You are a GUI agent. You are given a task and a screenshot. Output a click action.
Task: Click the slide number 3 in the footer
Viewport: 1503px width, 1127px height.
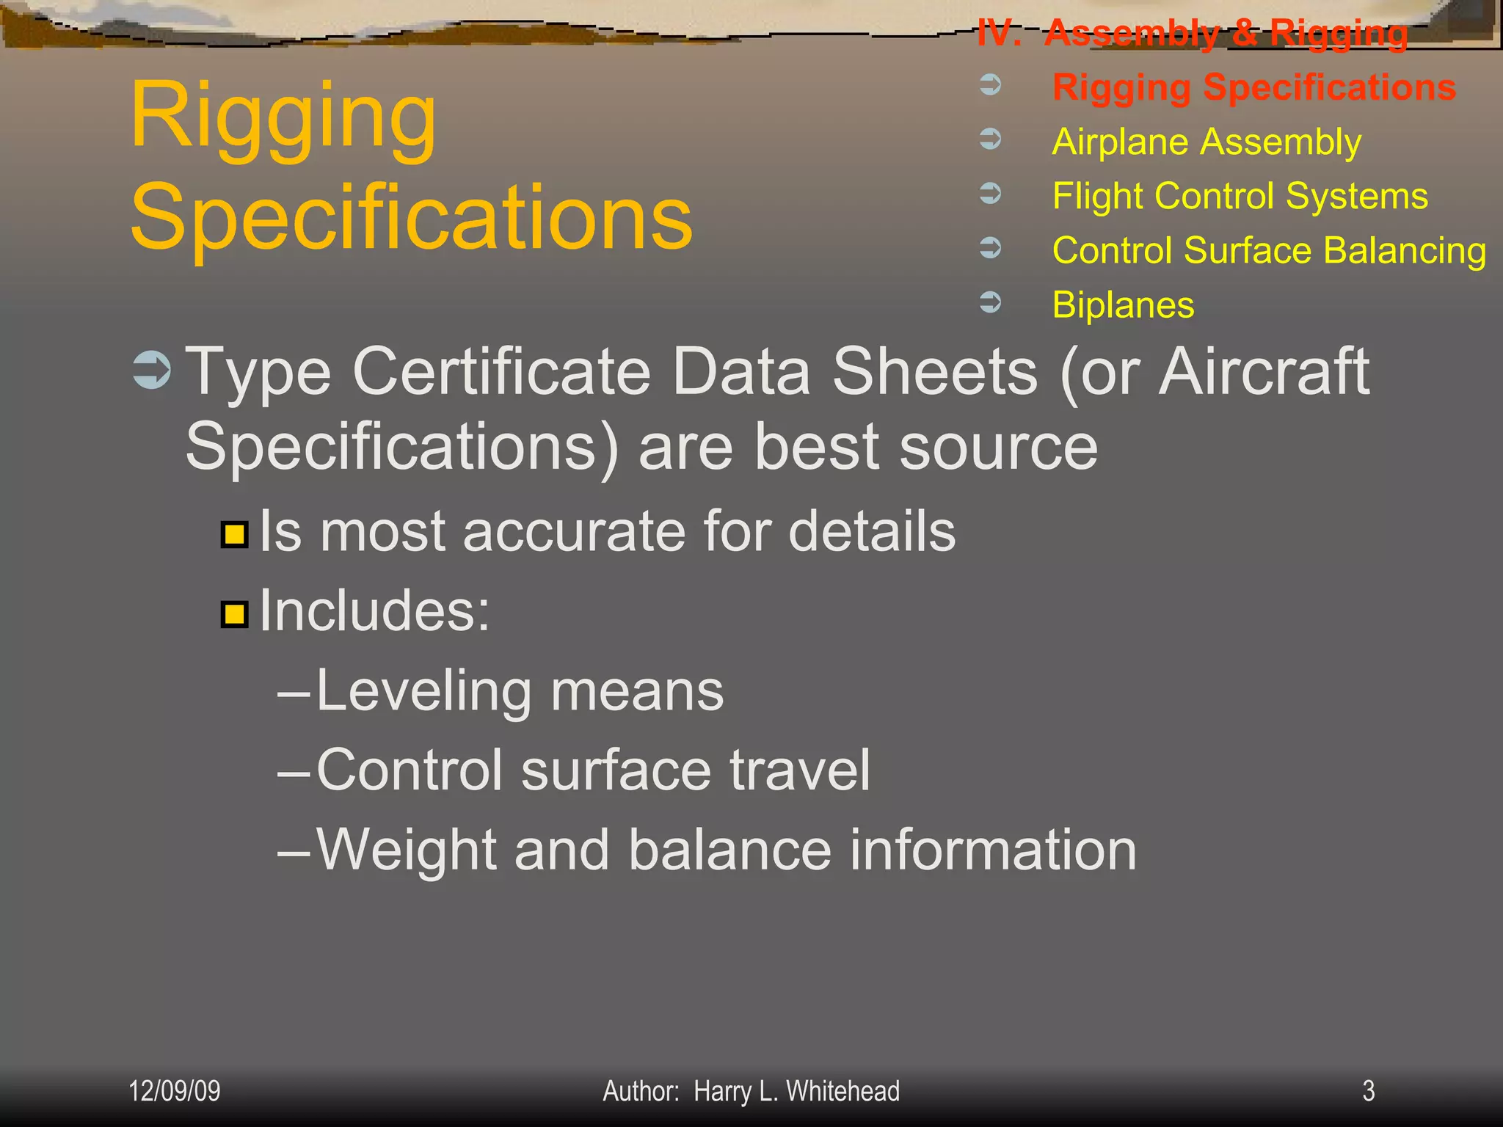[1368, 1091]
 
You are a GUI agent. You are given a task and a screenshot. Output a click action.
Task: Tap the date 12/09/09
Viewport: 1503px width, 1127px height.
[175, 1091]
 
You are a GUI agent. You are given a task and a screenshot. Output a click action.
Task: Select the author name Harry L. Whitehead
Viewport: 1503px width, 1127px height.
[796, 1091]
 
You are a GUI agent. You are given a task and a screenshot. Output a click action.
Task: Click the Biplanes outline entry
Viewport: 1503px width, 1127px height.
[1123, 304]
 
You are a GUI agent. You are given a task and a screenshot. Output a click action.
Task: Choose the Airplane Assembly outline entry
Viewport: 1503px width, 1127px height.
[1207, 142]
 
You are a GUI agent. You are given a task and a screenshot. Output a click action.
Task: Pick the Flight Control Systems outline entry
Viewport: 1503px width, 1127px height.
[1240, 196]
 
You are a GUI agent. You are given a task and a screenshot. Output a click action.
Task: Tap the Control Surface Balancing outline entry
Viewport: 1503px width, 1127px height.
[1269, 250]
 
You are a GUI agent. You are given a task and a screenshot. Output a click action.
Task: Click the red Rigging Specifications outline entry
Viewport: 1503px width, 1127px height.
[1253, 87]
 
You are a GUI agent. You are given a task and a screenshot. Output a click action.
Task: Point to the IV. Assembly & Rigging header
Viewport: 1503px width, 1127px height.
[1193, 33]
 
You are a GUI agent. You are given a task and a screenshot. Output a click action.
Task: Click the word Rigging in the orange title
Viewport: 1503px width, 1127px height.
[283, 117]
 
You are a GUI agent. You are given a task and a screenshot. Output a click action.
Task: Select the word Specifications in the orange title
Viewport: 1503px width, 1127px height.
[411, 217]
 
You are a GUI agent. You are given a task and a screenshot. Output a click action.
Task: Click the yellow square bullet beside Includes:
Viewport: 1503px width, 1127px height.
[235, 613]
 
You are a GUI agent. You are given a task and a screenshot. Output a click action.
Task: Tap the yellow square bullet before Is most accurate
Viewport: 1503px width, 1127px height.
[235, 534]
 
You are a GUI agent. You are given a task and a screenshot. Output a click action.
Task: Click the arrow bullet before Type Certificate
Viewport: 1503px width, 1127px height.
[153, 371]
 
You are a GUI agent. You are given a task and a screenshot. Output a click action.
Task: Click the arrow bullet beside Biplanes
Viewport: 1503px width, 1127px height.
[991, 302]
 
